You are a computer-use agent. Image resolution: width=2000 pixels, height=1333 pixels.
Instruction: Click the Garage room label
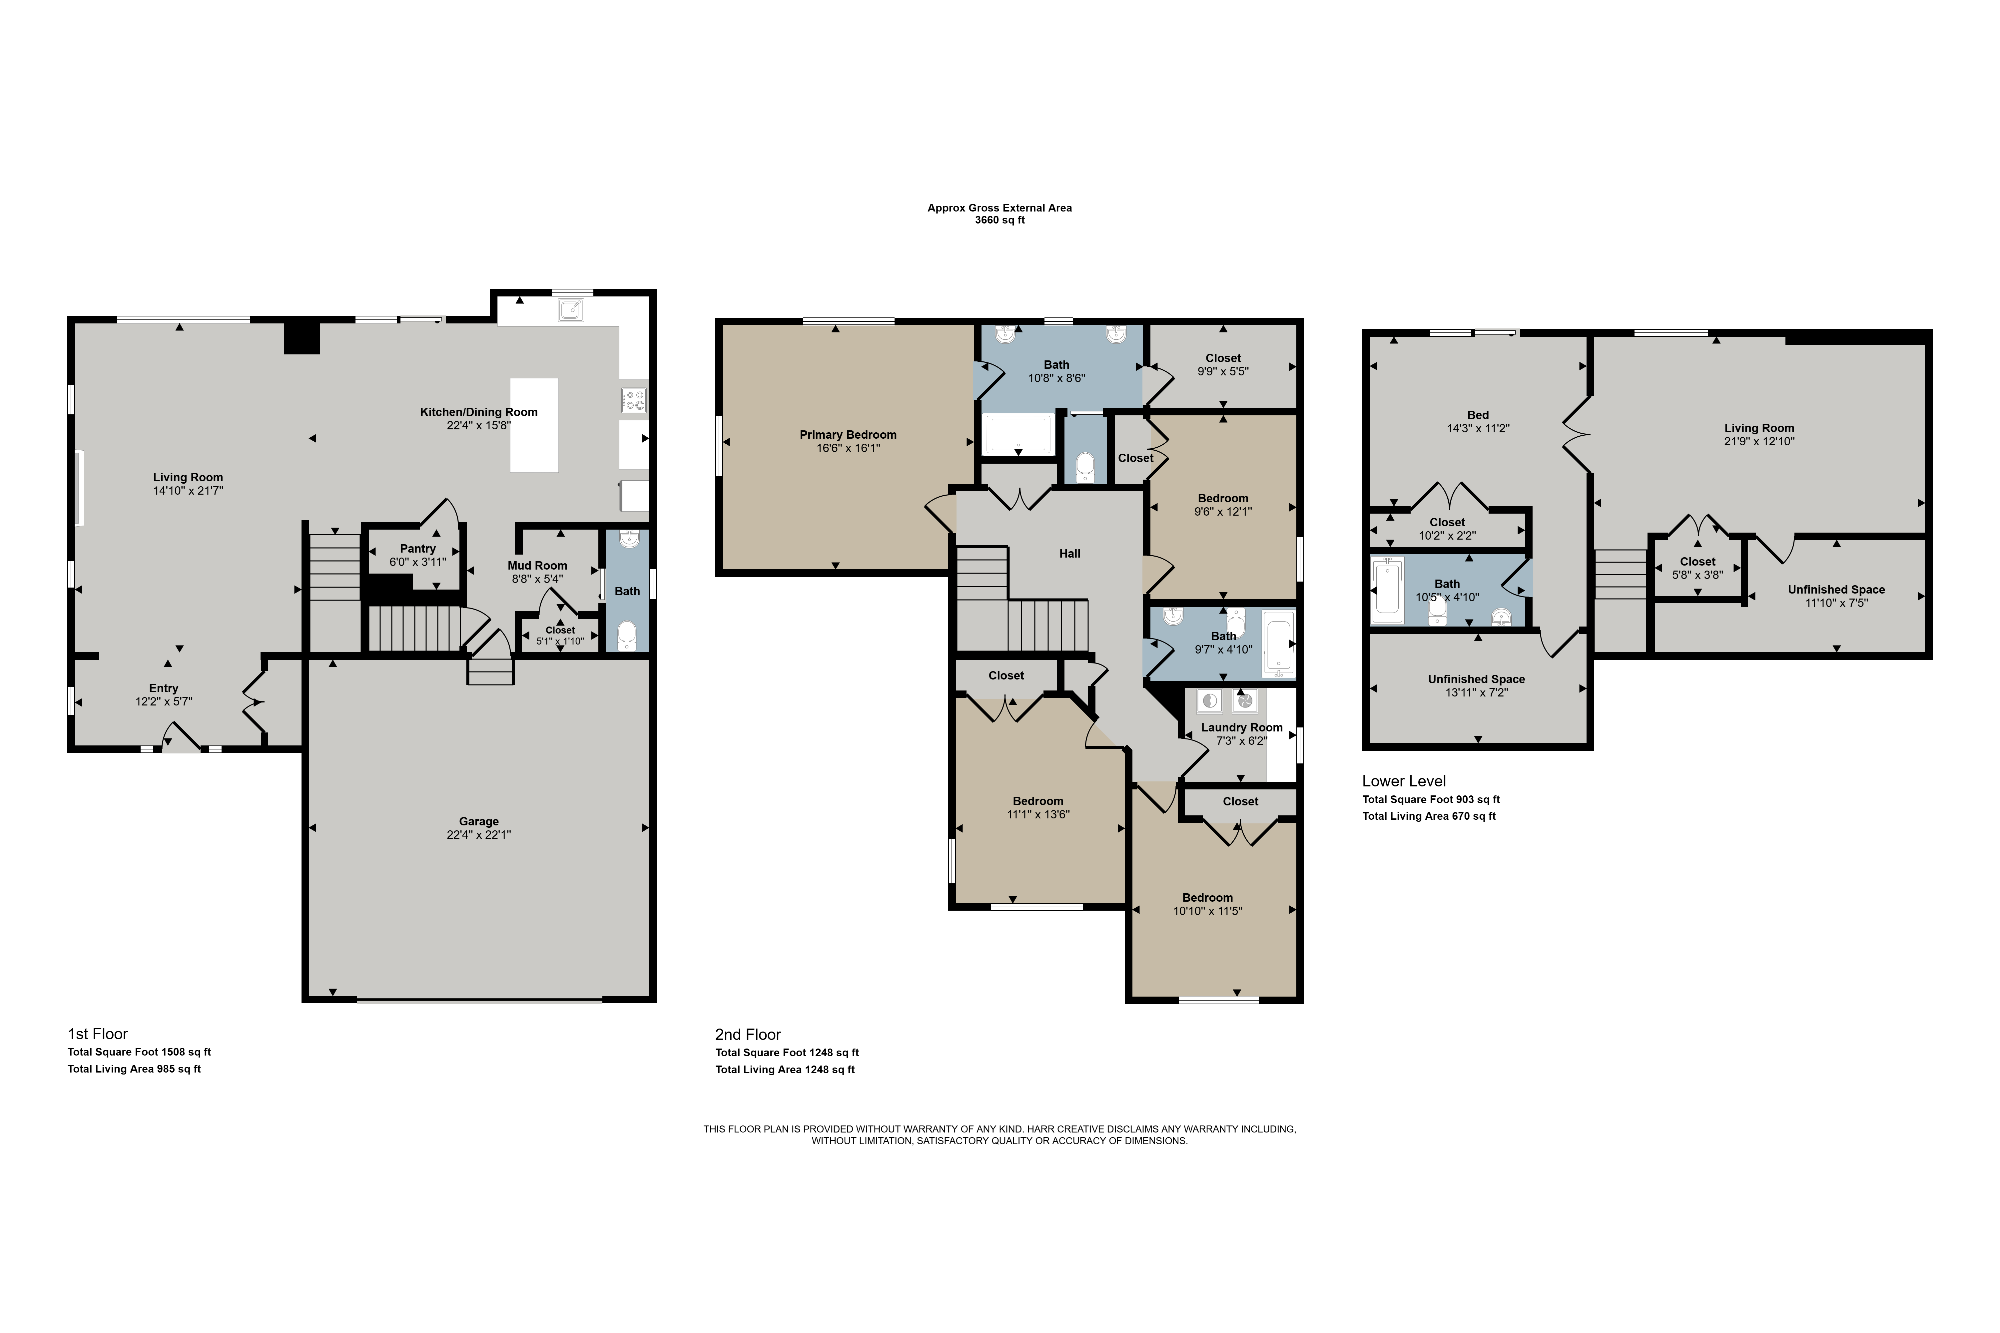(479, 821)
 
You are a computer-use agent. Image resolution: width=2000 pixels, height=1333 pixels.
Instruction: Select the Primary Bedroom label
(848, 434)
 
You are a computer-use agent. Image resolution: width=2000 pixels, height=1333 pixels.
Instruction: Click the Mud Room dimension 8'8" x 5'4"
(537, 579)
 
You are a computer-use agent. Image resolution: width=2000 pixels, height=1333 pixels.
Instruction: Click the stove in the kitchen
(633, 400)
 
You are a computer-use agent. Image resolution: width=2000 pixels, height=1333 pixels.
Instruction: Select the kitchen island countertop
(534, 425)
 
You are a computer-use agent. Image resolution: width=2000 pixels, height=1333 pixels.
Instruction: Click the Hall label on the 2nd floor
(1070, 554)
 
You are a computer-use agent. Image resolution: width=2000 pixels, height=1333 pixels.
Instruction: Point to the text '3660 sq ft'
(1000, 220)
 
